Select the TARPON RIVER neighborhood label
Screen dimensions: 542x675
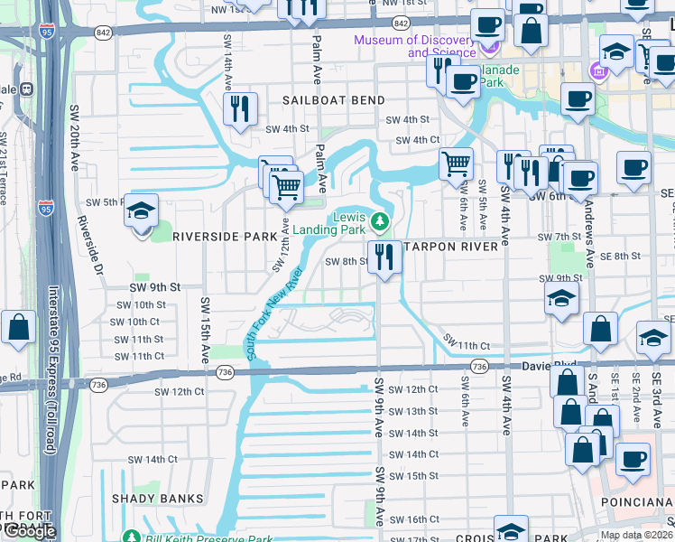coord(450,247)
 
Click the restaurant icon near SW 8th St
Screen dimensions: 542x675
coord(384,257)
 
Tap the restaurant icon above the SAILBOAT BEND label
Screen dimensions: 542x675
coord(240,109)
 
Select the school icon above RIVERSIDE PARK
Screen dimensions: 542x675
coord(142,212)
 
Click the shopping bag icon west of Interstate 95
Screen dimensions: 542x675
coord(18,328)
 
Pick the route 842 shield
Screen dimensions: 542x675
coord(402,22)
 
